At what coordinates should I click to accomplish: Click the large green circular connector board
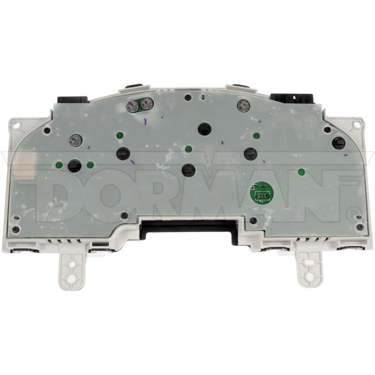pos(262,193)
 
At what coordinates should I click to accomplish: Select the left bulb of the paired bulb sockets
pos(132,105)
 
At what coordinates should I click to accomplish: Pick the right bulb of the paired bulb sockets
pos(145,104)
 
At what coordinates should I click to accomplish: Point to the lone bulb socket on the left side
pos(75,140)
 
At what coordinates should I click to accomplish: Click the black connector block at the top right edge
pos(292,98)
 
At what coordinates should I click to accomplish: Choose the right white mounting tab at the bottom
pos(310,270)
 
